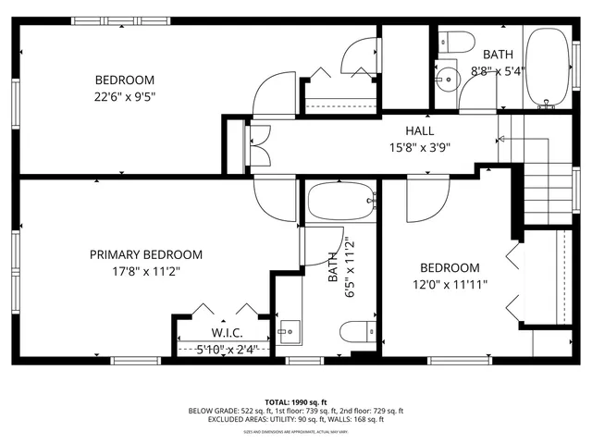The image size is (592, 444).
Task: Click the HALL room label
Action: (420, 131)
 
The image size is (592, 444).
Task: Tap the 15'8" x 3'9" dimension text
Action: (420, 145)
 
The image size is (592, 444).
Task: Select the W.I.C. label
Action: (227, 333)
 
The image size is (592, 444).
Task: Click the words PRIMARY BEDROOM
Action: (146, 254)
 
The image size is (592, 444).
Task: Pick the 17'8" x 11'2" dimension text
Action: (146, 271)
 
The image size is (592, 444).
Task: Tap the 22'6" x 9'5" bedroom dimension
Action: (125, 95)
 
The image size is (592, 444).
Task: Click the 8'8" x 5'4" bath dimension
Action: (498, 70)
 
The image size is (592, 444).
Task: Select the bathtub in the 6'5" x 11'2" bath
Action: (340, 202)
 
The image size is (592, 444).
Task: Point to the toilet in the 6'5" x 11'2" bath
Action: (356, 332)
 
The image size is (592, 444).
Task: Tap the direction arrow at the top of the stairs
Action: (502, 139)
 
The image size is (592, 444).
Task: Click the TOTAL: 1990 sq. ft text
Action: (296, 402)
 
